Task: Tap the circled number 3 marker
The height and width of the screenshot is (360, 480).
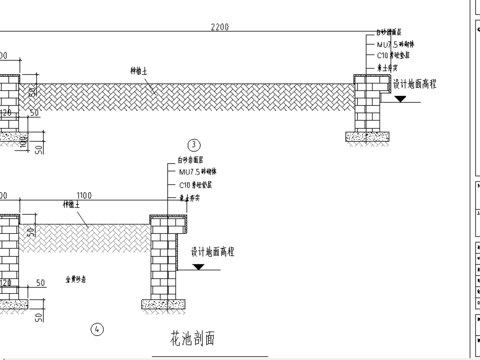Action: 195,147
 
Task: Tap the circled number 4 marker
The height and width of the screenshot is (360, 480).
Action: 97,328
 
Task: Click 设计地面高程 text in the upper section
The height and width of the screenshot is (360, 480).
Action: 416,86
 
